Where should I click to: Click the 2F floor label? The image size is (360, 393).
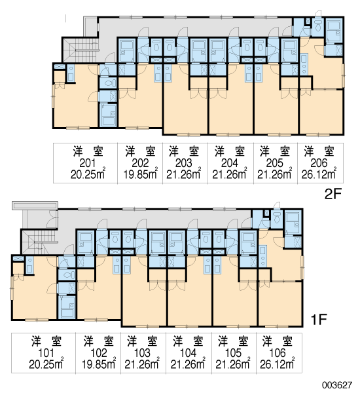[333, 194]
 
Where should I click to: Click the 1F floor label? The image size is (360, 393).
[319, 320]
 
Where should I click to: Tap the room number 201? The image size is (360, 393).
[88, 163]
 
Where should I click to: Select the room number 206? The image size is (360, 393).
[319, 163]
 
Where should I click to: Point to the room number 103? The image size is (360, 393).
[142, 353]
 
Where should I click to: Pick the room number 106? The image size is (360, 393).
[278, 353]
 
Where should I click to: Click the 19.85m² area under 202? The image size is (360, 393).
[141, 174]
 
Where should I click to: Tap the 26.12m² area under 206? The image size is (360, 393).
[319, 174]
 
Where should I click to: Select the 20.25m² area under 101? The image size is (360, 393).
[46, 364]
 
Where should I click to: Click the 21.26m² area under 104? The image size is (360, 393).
[188, 364]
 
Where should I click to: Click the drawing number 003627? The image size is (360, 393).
[337, 384]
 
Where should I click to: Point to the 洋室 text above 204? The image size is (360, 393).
[230, 151]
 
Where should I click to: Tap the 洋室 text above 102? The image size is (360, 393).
[99, 341]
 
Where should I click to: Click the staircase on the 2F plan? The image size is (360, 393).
[81, 50]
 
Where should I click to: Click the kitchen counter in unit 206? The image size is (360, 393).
[304, 64]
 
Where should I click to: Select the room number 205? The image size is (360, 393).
[274, 163]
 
